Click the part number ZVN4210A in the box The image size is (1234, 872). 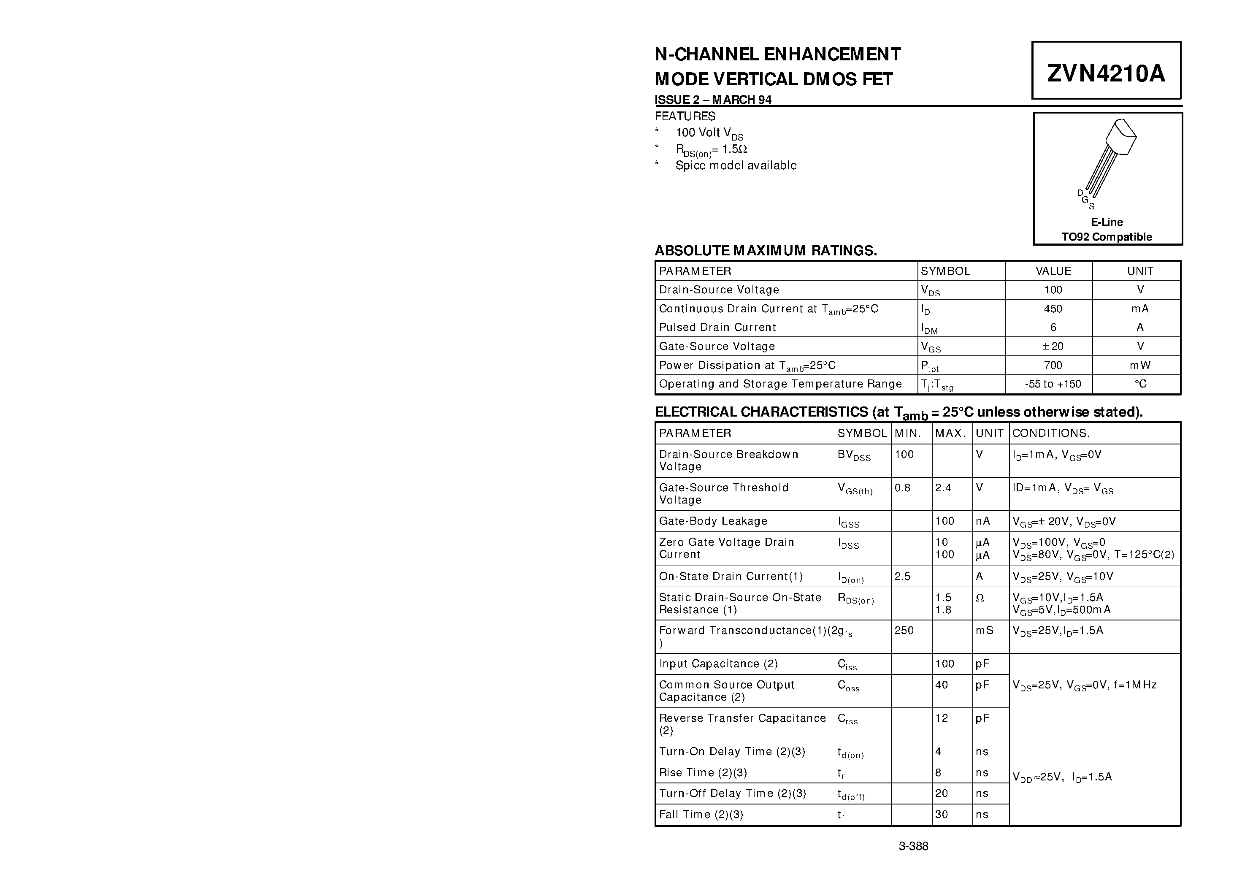1106,73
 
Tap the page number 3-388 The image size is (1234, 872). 913,846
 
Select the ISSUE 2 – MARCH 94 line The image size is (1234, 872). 713,100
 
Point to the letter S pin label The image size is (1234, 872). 1092,206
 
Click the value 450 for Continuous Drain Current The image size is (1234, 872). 1053,309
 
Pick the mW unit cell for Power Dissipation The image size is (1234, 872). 1140,366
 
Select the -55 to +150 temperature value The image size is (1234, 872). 1053,384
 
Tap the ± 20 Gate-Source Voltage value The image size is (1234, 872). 1053,346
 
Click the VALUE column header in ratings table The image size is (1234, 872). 1053,271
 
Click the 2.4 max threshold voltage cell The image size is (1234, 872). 943,487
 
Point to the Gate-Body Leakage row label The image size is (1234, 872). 713,521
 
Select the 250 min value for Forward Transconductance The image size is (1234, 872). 904,630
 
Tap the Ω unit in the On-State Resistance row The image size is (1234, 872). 980,598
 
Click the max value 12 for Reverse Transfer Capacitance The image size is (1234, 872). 942,718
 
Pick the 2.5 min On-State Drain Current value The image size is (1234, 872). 902,576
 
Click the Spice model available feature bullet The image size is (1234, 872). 736,165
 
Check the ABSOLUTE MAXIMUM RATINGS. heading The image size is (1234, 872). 765,251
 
